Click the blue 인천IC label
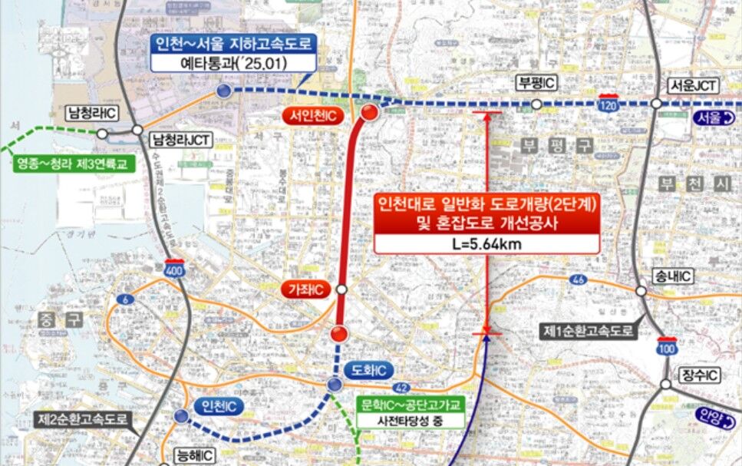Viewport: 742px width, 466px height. [x=219, y=405]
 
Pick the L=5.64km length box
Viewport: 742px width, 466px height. [x=486, y=245]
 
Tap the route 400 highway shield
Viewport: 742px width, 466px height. [x=174, y=269]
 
